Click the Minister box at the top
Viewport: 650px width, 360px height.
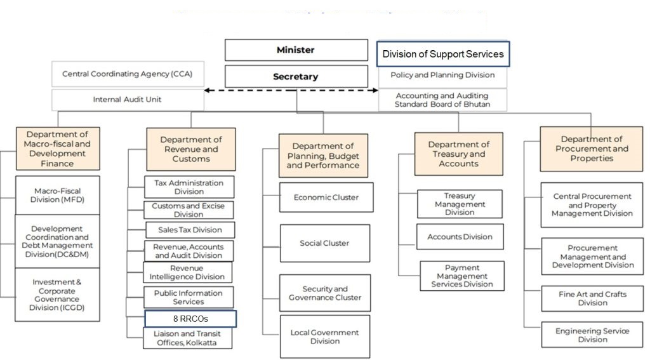(x=296, y=50)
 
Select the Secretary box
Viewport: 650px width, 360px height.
(x=296, y=77)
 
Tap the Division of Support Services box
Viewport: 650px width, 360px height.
(x=443, y=54)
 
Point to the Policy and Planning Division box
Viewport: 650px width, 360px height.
(x=443, y=76)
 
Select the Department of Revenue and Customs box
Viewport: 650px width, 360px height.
(x=190, y=149)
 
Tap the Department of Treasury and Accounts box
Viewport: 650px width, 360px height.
(x=458, y=154)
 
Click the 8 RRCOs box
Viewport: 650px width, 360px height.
(x=190, y=319)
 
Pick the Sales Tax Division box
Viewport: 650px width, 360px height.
(x=190, y=229)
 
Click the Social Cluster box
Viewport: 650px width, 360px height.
(x=325, y=243)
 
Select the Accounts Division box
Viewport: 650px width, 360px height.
(x=460, y=237)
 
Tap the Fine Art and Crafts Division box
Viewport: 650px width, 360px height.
(x=583, y=298)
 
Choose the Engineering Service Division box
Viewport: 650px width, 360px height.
(x=583, y=335)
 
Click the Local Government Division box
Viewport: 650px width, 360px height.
(x=325, y=337)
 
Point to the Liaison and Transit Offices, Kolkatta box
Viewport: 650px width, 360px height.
(x=188, y=338)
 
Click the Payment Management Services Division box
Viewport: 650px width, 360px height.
(x=461, y=276)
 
